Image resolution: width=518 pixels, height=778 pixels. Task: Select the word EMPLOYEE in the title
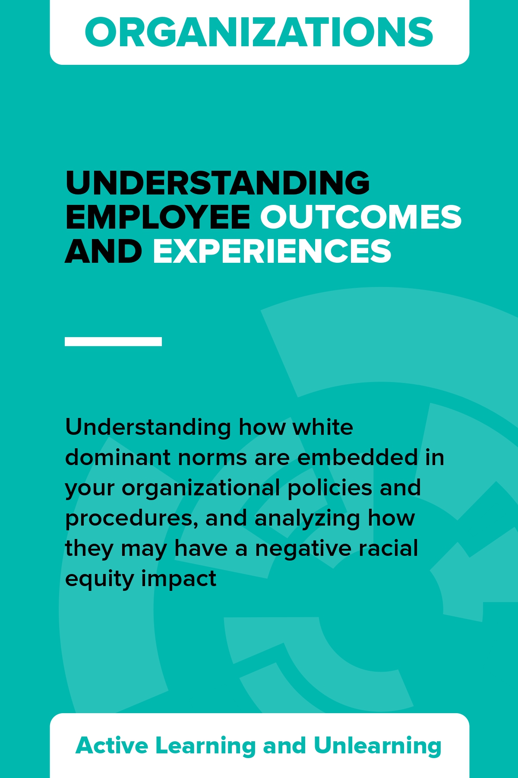158,217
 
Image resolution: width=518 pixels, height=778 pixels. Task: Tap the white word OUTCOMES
361,217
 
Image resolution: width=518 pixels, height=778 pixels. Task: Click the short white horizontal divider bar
113,341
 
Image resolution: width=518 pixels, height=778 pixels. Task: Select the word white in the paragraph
323,427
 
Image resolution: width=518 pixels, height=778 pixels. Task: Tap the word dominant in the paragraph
117,457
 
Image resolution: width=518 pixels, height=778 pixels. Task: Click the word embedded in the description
358,457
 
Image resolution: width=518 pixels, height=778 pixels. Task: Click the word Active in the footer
112,745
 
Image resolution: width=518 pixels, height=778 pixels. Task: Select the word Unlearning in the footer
378,746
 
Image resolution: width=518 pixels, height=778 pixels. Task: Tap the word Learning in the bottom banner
205,746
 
